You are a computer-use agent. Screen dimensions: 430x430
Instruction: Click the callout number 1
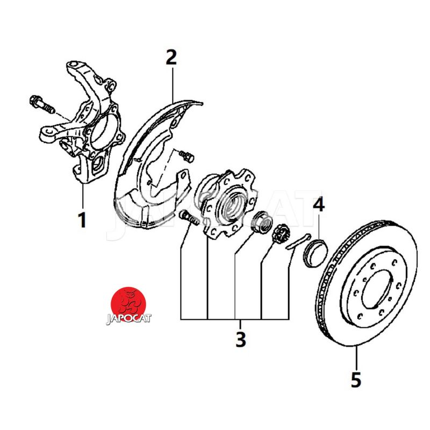point(82,219)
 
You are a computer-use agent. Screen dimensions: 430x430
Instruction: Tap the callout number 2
point(171,57)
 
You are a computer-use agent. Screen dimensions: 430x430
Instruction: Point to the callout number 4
point(319,205)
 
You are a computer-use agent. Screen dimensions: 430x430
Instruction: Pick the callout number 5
point(356,379)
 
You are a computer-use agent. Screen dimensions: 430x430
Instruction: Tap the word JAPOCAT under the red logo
point(129,319)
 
